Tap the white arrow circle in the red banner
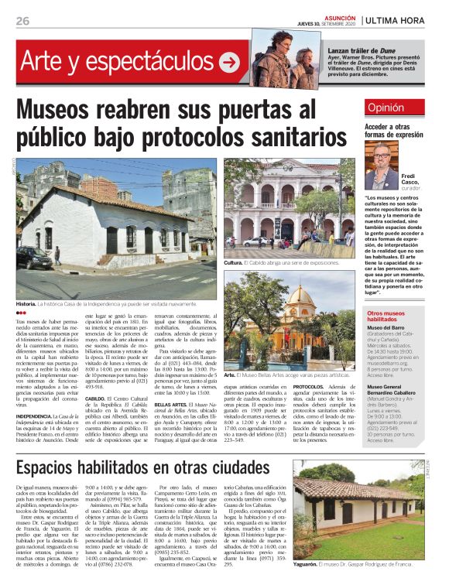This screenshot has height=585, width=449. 229,63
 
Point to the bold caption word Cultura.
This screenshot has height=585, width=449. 233,263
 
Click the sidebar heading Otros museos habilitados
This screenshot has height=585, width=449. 392,315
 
